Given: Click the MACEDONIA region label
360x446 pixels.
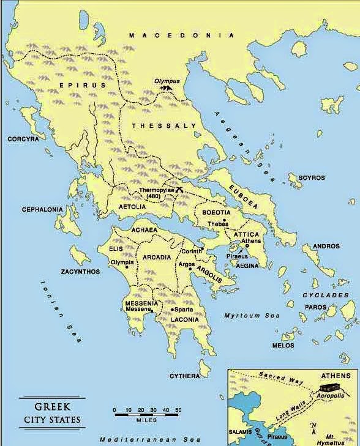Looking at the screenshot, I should [181, 36].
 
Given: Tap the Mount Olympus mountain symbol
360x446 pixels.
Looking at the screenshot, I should [164, 89].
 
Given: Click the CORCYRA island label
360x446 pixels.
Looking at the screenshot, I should [23, 139].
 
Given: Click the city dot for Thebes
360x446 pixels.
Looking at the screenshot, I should [225, 220].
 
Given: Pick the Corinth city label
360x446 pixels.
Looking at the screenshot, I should [192, 251].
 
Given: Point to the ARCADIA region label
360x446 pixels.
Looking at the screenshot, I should [157, 258].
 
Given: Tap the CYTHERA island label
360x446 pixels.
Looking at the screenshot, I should [184, 375].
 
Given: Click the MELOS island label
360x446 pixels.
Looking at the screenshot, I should [283, 345].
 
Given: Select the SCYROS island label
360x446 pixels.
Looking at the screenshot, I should [311, 178].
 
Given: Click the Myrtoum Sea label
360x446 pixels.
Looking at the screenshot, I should [251, 315].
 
